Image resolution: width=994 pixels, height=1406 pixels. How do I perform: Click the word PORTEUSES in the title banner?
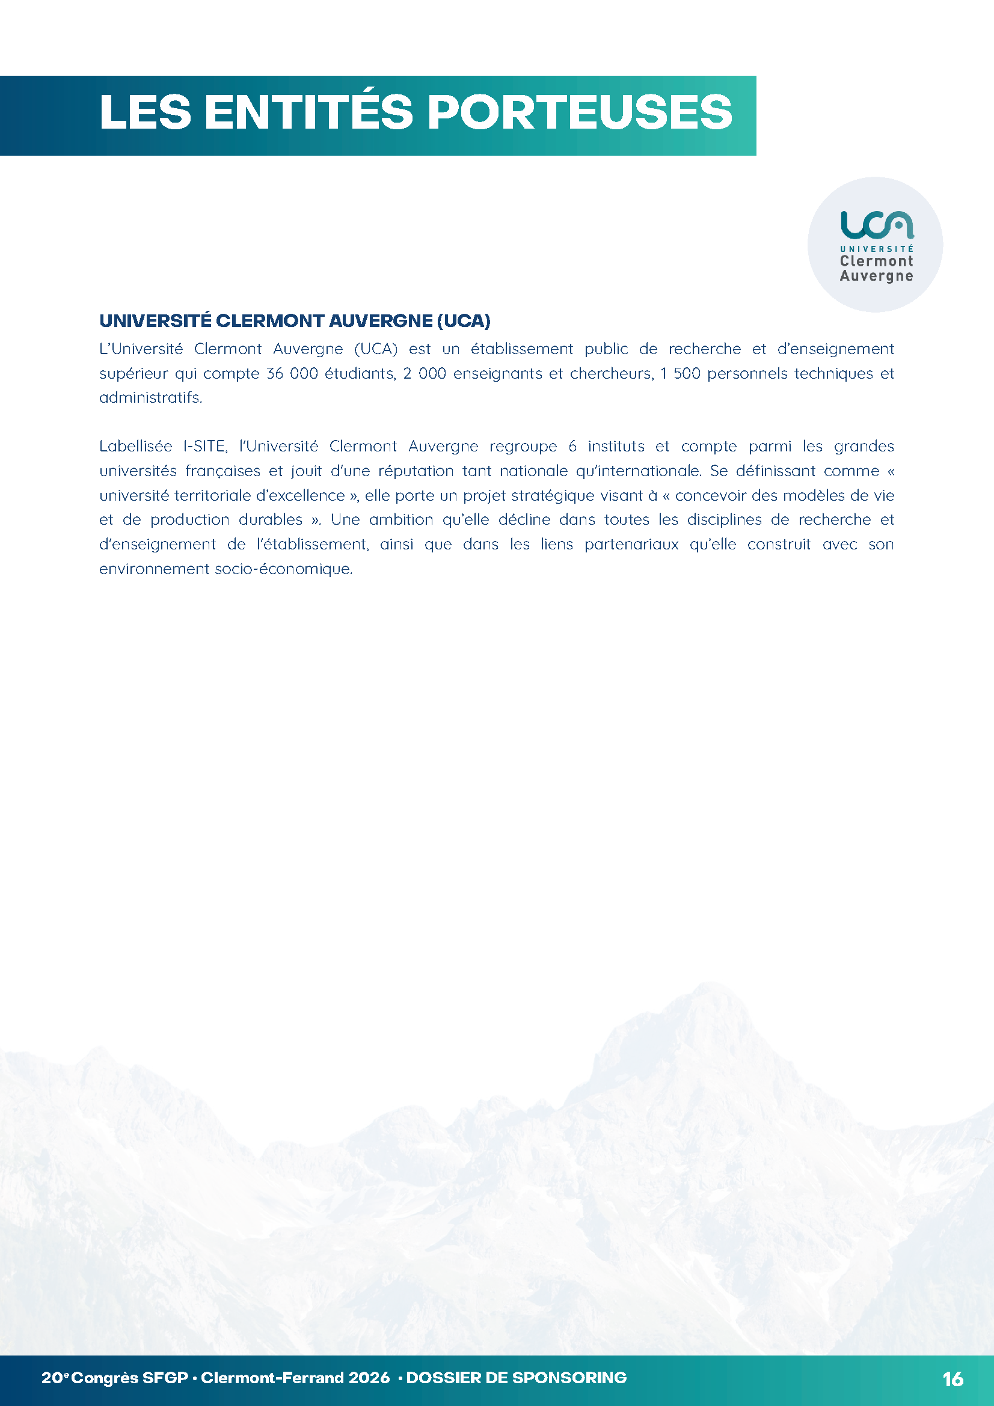coord(579,112)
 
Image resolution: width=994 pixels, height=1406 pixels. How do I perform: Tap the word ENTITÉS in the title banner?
coord(308,112)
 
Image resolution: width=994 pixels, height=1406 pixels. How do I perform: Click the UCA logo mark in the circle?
coord(876,225)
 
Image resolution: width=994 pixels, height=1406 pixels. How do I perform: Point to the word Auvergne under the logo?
coord(876,276)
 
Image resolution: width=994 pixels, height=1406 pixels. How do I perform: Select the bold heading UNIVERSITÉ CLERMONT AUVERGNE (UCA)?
coord(295,321)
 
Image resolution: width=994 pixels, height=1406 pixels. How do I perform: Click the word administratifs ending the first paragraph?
coord(150,398)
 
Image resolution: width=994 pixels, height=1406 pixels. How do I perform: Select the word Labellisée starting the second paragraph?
coord(135,447)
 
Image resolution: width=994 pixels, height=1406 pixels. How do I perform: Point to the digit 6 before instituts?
coord(572,447)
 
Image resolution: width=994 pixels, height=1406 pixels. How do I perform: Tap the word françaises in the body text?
coord(223,471)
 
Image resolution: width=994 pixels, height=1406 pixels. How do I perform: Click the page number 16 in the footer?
coord(954,1379)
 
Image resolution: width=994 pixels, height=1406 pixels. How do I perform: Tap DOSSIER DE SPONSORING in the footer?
coord(517,1378)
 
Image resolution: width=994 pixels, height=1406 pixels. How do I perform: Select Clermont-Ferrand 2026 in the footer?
coord(295,1378)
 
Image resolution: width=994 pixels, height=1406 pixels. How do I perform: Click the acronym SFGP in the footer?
coord(165,1378)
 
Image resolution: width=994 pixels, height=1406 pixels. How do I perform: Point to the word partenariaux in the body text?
coord(631,545)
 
